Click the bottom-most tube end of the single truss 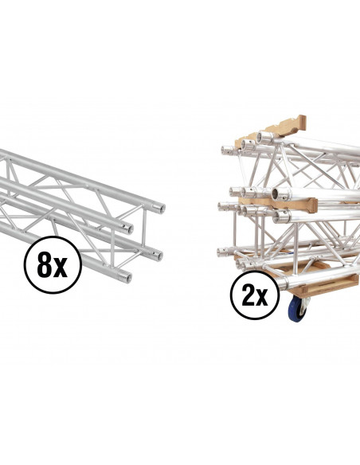pyautogui.click(x=126, y=278)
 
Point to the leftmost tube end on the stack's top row pyautogui.click(x=225, y=150)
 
